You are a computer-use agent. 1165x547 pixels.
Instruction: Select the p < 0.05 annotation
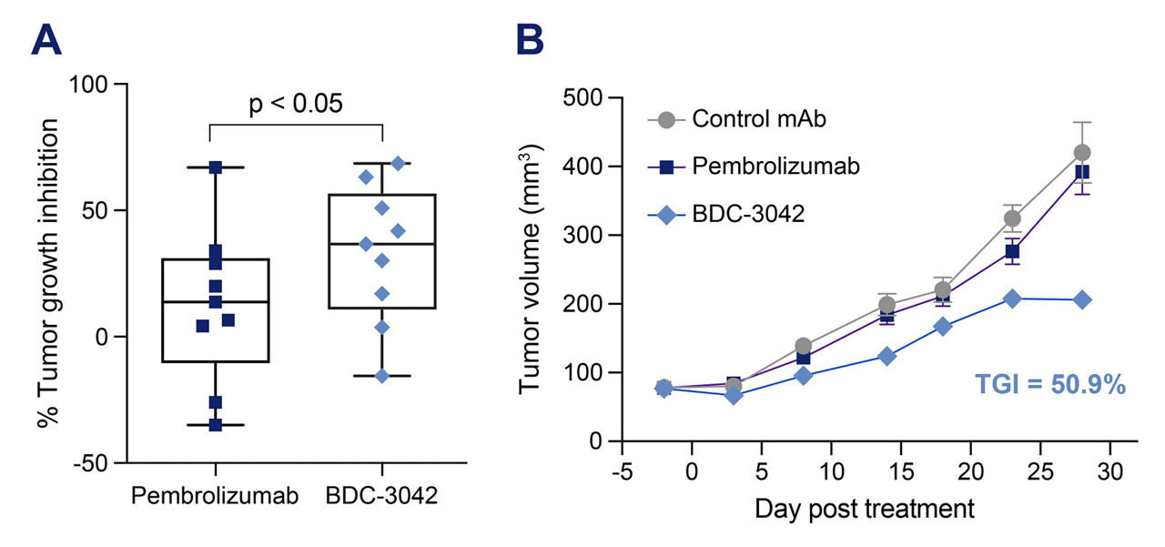pos(297,103)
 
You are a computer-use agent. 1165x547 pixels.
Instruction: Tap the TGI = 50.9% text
pos(1050,385)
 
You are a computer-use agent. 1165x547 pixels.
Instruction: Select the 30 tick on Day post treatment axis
pos(1109,473)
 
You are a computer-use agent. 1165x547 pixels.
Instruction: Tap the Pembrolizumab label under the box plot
pos(215,496)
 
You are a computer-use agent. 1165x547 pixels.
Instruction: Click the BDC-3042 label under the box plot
pos(381,496)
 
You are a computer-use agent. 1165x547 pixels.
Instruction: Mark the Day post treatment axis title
pos(864,508)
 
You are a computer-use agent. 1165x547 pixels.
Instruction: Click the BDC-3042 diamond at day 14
pos(886,356)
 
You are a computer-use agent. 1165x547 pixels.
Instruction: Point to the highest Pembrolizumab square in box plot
pos(216,167)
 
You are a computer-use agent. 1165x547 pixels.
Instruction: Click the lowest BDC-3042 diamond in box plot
pos(382,376)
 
